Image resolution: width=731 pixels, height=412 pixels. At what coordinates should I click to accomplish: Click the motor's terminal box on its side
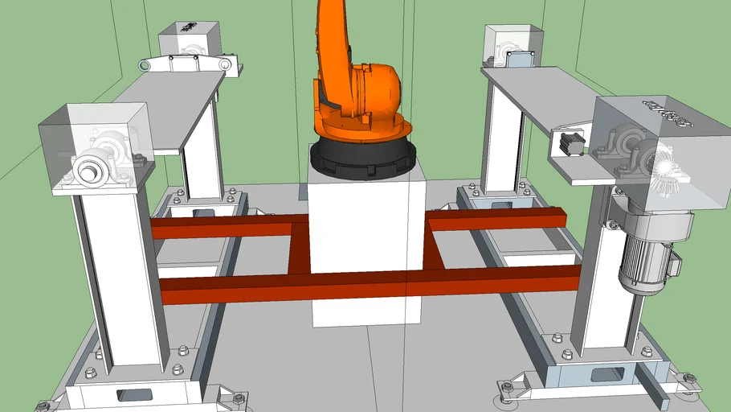(x=673, y=262)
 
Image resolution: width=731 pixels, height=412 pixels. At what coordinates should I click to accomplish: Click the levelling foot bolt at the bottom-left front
(x=239, y=398)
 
